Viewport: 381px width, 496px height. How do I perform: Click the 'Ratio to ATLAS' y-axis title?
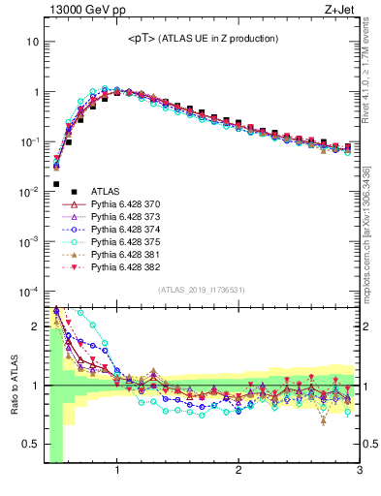pyautogui.click(x=13, y=386)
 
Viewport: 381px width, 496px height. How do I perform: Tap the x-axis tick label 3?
pyautogui.click(x=359, y=471)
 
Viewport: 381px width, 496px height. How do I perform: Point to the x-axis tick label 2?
pyautogui.click(x=238, y=471)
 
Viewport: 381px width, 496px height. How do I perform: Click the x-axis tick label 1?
pyautogui.click(x=117, y=471)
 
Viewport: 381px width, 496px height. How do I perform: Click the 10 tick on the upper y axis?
pyautogui.click(x=33, y=43)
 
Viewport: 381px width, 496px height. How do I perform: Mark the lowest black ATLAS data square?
pyautogui.click(x=56, y=183)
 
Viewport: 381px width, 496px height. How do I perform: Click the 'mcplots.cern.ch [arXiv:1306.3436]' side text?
pyautogui.click(x=372, y=228)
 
